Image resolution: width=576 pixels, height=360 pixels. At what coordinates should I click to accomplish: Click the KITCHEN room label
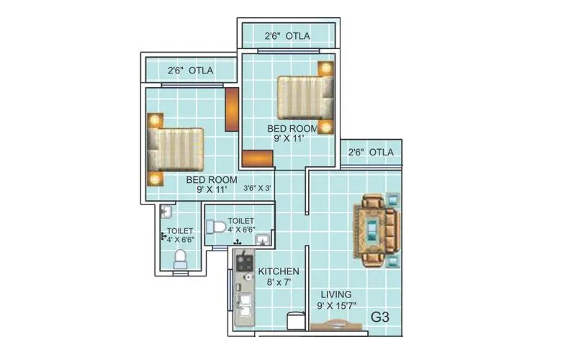point(279,271)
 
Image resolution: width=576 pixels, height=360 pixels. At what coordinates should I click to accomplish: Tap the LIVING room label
point(336,294)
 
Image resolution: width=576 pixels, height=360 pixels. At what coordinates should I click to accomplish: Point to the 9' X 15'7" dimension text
point(336,305)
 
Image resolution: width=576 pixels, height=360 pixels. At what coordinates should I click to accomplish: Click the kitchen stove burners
point(243,262)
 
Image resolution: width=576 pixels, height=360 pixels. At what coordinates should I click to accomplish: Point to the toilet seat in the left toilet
point(181,256)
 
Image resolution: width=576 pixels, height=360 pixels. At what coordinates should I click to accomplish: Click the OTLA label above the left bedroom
point(191,71)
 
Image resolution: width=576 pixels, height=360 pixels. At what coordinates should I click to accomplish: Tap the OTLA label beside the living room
point(371,152)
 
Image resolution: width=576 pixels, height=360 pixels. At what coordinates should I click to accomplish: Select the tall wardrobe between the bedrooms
point(232,109)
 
